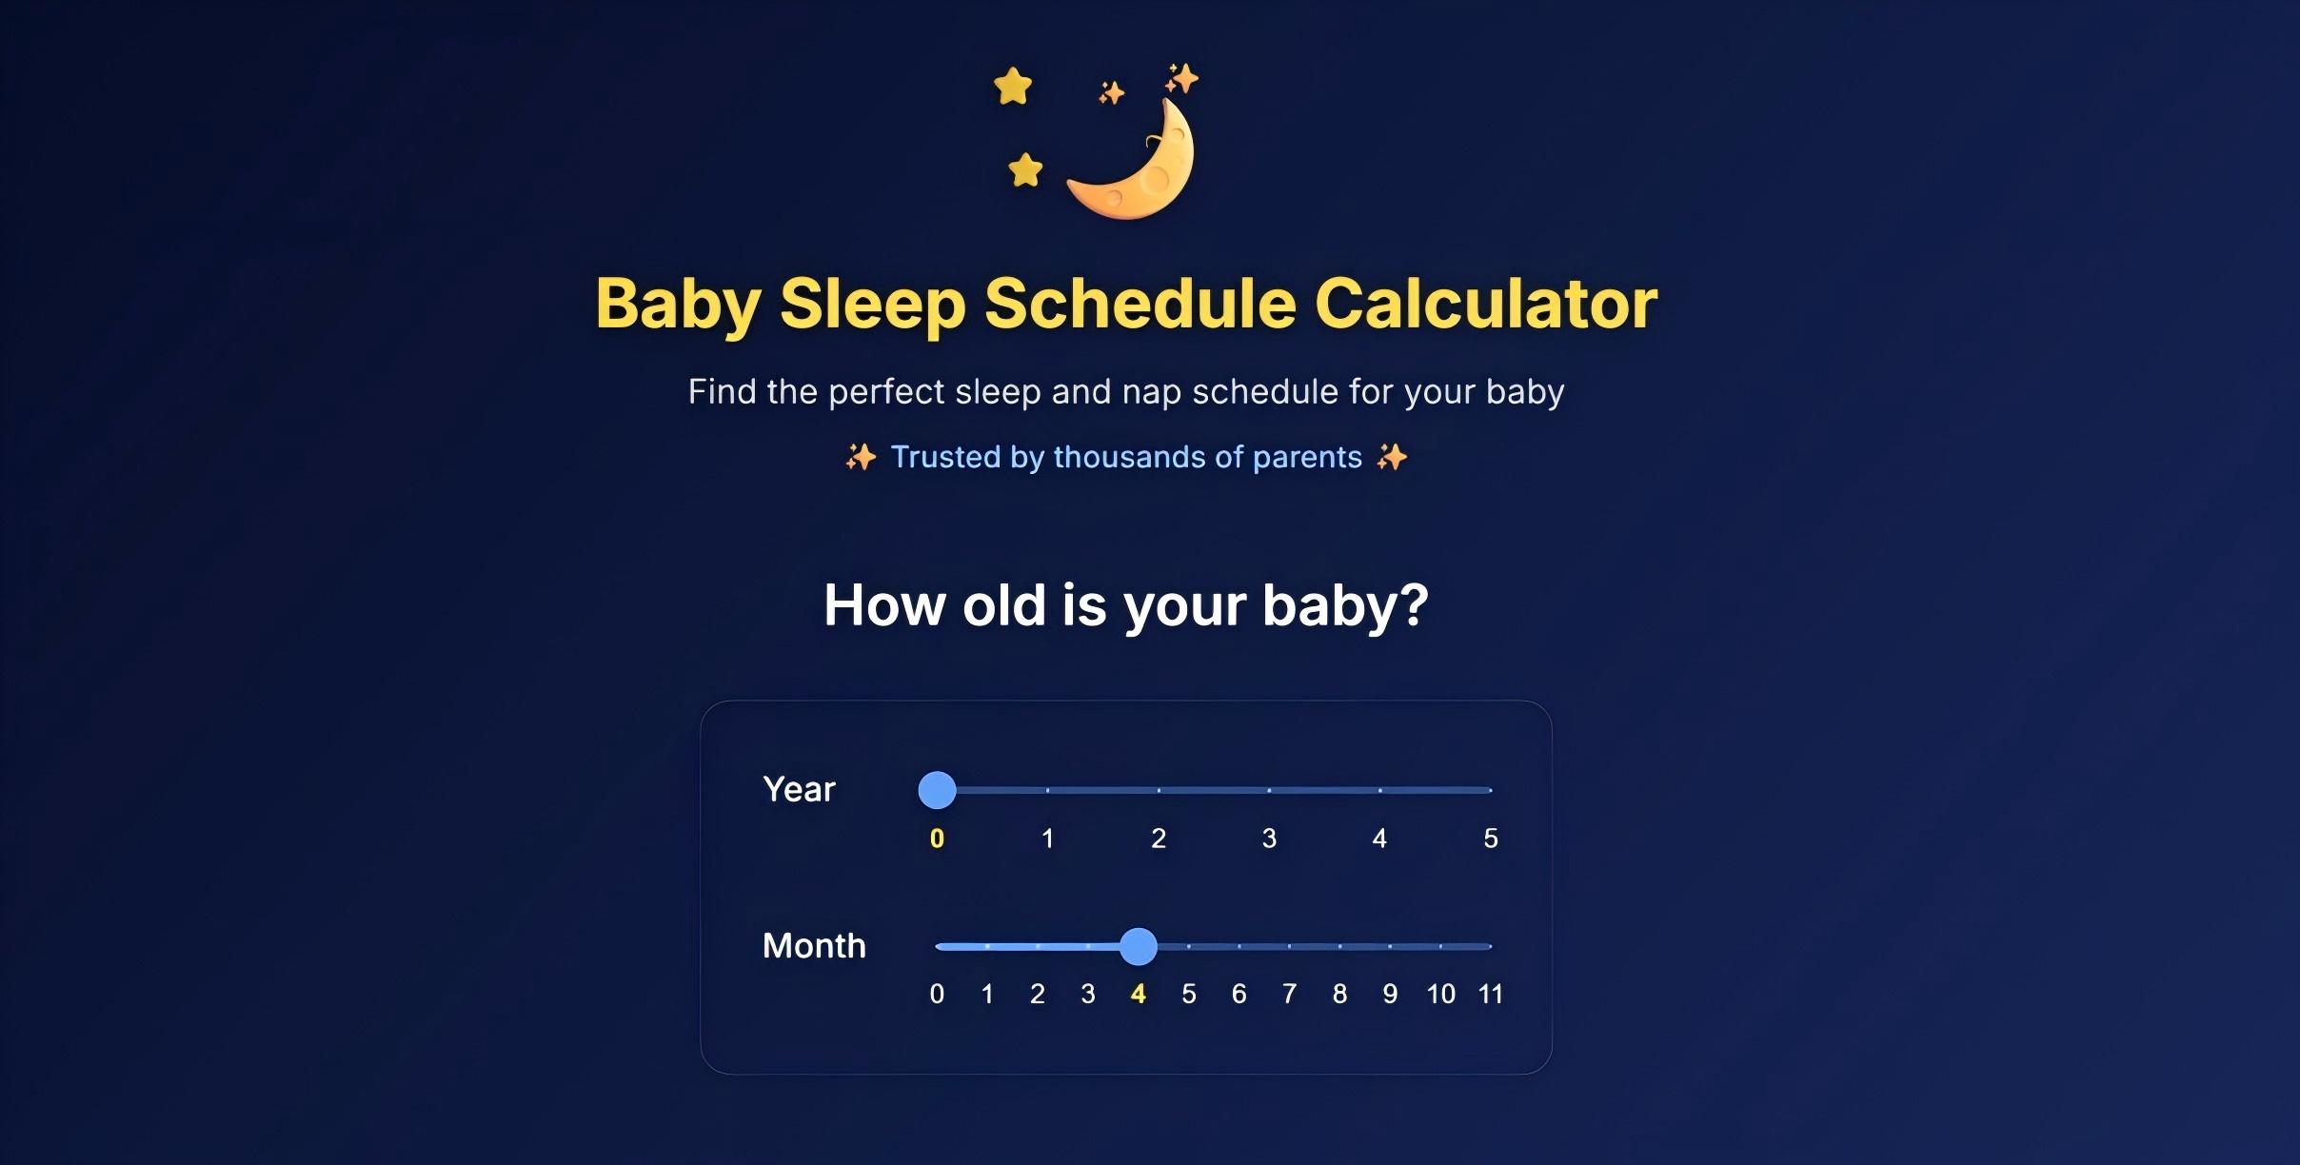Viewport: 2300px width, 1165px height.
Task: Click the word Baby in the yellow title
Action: [678, 304]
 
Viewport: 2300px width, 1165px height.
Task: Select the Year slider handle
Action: [937, 790]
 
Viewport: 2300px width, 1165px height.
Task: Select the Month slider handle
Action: [1138, 946]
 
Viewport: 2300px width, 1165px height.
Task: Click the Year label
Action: [799, 790]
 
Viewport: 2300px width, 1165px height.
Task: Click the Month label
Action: [814, 946]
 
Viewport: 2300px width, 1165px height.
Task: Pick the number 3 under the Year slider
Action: [1269, 839]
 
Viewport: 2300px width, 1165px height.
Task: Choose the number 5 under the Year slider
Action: [1491, 839]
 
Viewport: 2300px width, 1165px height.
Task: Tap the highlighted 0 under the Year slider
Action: [937, 839]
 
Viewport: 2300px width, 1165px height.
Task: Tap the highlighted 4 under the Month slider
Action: [1138, 995]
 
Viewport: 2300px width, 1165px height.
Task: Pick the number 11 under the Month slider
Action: [1490, 995]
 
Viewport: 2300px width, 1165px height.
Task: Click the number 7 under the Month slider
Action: [1289, 995]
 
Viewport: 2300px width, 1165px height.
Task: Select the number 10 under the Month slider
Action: [1440, 995]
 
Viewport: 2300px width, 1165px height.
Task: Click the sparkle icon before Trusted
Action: [861, 458]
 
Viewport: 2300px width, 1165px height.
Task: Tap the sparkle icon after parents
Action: [1392, 458]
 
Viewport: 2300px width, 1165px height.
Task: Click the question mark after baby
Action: [1414, 605]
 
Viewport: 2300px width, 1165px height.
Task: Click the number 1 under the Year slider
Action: [1047, 839]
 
